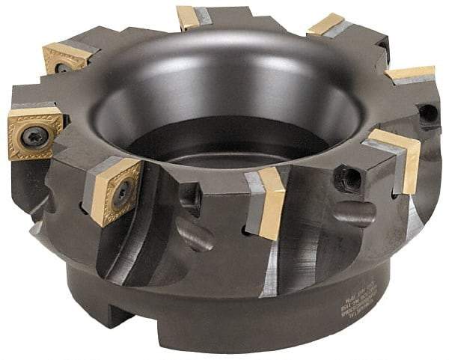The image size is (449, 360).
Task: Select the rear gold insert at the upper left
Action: [x=65, y=57]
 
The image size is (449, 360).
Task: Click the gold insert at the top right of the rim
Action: [x=326, y=25]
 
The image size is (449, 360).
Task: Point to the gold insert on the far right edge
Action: [x=410, y=73]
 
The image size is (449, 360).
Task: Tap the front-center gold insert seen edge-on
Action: [x=272, y=202]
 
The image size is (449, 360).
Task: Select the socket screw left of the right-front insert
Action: [x=349, y=178]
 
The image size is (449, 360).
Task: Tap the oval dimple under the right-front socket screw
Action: [x=356, y=213]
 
